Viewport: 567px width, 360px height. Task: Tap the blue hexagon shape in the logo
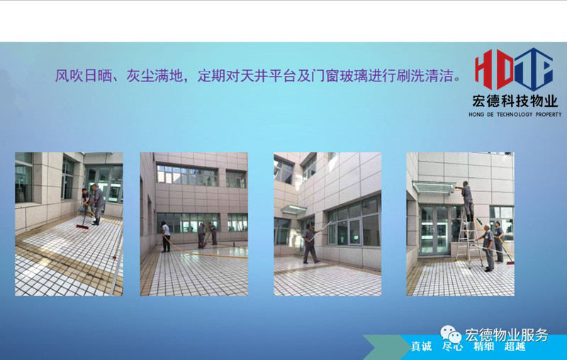534,69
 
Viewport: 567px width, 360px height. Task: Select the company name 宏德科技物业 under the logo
515,101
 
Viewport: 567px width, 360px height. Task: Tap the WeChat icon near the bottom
450,334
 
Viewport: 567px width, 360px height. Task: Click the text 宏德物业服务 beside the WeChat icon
506,335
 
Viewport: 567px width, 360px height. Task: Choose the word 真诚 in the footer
421,347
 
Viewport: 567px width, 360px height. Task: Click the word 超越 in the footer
515,347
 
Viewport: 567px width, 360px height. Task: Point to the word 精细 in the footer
484,347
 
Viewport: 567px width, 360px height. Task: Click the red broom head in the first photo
82,227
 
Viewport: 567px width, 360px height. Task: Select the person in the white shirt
166,237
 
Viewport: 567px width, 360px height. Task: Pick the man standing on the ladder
467,201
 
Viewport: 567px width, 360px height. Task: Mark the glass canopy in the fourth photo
434,187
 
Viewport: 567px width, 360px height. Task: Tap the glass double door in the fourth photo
434,230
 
